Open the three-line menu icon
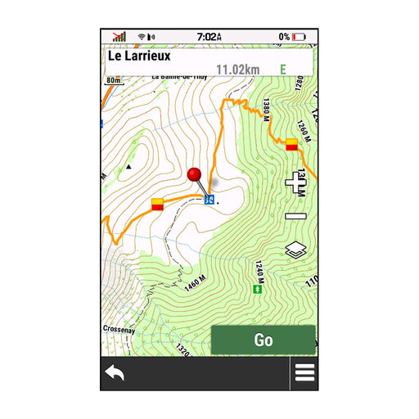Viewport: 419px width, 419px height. (x=304, y=372)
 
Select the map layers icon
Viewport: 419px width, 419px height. (x=295, y=250)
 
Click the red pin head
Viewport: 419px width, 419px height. (x=195, y=174)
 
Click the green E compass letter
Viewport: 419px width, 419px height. (x=283, y=70)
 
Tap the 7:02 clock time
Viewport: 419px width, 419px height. (x=209, y=37)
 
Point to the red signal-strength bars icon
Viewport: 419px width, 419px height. (x=119, y=37)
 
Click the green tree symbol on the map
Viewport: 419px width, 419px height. (x=259, y=289)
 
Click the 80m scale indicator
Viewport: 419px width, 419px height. (x=113, y=81)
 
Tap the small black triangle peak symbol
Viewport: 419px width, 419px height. (x=128, y=167)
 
